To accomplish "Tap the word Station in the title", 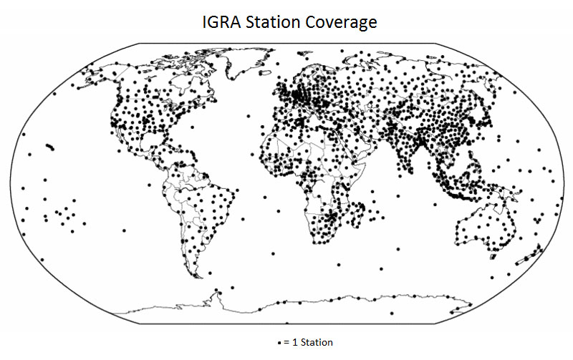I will pyautogui.click(x=274, y=22).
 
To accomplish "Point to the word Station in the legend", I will pyautogui.click(x=317, y=343).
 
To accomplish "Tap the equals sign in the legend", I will pyautogui.click(x=286, y=344).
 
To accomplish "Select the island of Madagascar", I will pyautogui.click(x=359, y=214).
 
